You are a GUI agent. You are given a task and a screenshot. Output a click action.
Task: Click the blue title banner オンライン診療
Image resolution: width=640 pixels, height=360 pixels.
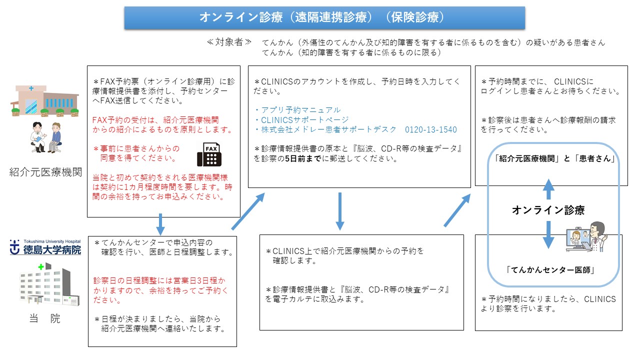tap(324, 17)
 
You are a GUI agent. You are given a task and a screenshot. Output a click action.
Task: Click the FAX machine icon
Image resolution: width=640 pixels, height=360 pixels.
tap(209, 154)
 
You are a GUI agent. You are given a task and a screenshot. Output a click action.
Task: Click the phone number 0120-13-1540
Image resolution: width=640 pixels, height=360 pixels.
tap(430, 129)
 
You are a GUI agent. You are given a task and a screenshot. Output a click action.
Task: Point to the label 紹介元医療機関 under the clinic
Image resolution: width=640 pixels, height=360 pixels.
tap(45, 172)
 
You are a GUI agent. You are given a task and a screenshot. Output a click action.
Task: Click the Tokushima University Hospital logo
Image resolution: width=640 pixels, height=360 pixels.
tap(45, 247)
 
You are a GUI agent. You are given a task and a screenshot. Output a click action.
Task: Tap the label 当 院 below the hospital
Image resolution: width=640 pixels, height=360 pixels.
tap(45, 318)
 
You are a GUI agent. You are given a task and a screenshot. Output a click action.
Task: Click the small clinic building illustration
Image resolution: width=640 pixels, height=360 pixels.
tap(44, 101)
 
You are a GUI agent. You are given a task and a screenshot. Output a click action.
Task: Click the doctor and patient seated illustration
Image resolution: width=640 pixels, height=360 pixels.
tap(45, 137)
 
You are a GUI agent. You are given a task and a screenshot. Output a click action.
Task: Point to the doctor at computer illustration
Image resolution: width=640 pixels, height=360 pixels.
tap(586, 237)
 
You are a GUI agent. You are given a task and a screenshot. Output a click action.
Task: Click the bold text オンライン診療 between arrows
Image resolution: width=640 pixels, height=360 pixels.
tap(548, 210)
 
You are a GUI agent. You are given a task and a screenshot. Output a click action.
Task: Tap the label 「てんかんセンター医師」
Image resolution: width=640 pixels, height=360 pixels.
tap(550, 270)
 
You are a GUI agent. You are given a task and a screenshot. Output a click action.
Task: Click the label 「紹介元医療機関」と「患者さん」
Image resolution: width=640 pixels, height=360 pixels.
tap(554, 158)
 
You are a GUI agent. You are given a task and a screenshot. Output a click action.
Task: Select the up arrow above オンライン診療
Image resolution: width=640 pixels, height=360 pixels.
tap(548, 189)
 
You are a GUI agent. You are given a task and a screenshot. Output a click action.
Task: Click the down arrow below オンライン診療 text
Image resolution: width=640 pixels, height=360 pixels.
tap(548, 235)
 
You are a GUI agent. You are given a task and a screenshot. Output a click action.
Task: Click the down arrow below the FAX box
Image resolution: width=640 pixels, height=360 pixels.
tap(160, 224)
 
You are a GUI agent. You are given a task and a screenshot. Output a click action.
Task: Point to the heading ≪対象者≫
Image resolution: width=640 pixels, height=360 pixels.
tap(229, 42)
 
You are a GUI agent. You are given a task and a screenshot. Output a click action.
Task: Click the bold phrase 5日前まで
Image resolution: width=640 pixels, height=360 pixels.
tap(303, 158)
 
